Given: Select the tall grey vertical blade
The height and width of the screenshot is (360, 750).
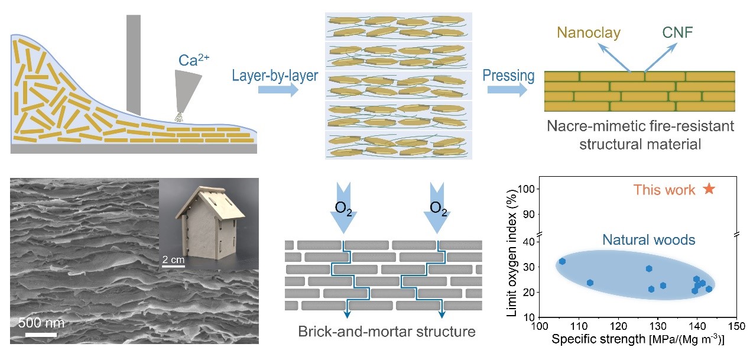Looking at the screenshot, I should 134,65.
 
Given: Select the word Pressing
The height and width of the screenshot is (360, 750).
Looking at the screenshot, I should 508,76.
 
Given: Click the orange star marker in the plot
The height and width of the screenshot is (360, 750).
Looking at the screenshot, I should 709,189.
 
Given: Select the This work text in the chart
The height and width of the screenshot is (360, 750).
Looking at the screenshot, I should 664,190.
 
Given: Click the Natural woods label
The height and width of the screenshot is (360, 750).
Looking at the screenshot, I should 648,240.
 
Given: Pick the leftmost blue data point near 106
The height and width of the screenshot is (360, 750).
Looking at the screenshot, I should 562,261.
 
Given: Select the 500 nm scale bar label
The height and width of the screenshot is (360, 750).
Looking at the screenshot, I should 41,323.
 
